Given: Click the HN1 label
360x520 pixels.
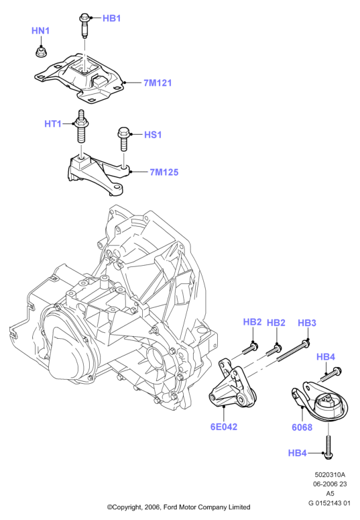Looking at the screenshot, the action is tap(40, 31).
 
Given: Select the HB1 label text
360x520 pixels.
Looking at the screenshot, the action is tap(111, 18).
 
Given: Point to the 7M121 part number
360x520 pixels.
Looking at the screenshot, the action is tap(158, 83).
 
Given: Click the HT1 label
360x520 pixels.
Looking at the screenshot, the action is tap(53, 124).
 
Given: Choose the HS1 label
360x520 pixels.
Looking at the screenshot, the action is tap(153, 135).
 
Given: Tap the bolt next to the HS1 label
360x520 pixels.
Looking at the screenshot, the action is tap(123, 140).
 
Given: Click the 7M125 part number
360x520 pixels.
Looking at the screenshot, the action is tap(164, 172).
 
